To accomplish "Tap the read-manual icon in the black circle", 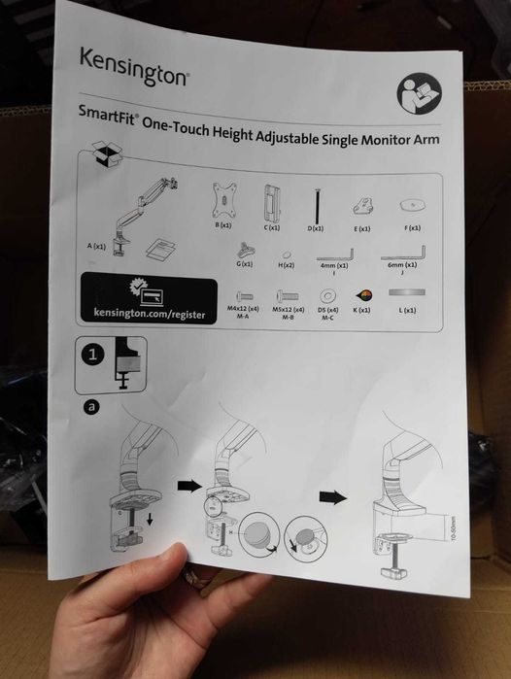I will (x=419, y=98).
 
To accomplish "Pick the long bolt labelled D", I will (x=315, y=204).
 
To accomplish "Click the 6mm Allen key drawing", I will (x=405, y=252).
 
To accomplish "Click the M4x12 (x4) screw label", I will (x=243, y=308).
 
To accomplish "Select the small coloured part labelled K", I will (x=363, y=295).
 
